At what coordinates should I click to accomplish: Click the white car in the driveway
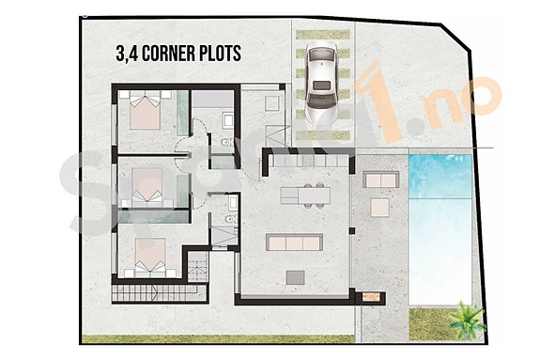[321, 82]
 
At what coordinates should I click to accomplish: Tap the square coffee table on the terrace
[381, 206]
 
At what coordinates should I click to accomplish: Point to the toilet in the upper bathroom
[227, 120]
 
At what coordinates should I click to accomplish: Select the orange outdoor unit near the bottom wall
[374, 298]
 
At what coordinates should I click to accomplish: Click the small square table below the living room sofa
[296, 276]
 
